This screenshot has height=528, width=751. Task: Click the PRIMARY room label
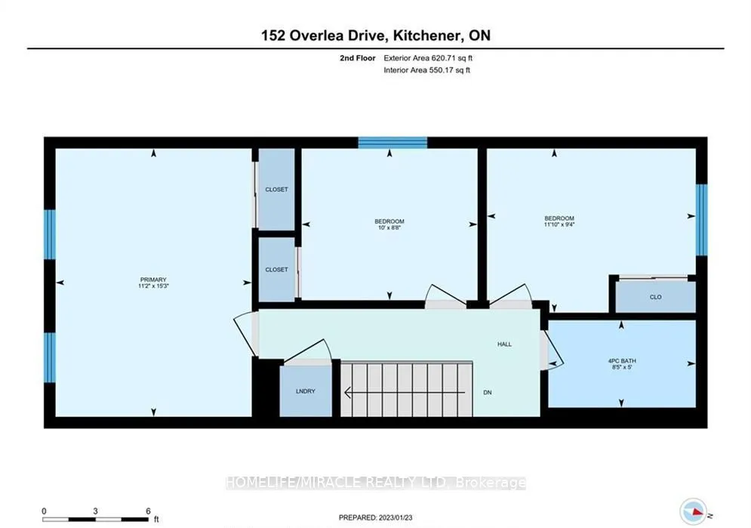point(153,279)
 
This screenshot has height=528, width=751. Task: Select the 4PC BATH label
point(622,361)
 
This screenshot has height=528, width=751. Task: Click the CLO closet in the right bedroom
point(655,297)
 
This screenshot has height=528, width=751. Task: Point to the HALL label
point(504,344)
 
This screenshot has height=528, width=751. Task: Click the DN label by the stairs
point(488,392)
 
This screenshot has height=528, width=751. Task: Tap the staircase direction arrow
point(405,392)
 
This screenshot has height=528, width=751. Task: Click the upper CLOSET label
point(277,190)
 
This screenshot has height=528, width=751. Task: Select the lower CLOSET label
point(277,269)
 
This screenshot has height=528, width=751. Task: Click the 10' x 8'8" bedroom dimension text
point(389,227)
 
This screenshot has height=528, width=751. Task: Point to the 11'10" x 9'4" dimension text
point(559,224)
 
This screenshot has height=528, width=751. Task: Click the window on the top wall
point(392,142)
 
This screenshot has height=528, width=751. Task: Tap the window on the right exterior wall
point(702,220)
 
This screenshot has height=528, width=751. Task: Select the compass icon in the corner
point(694,511)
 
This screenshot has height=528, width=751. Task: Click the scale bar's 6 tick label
point(149,511)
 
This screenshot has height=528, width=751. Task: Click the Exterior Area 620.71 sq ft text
point(428,58)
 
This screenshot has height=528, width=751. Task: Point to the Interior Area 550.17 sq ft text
point(426,70)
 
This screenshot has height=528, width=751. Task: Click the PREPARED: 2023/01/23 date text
point(376,517)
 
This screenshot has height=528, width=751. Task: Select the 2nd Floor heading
point(358,58)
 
